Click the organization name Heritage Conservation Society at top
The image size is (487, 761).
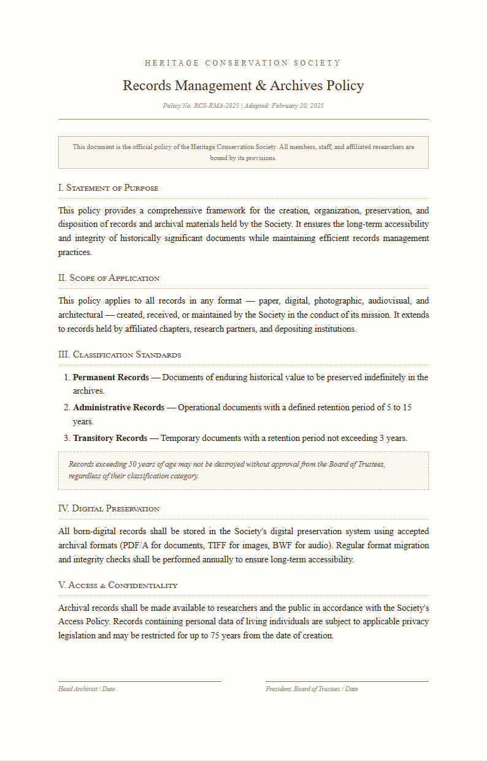point(243,63)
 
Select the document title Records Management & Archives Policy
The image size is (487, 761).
point(243,85)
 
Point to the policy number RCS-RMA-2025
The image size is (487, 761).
point(217,106)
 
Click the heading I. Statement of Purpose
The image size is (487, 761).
point(108,188)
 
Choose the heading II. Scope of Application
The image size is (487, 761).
point(109,278)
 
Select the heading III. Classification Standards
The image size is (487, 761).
point(119,354)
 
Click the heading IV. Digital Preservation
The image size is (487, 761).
point(109,508)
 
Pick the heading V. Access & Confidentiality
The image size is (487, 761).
point(118,585)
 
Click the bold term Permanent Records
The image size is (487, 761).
point(110,377)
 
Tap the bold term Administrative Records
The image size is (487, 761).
point(118,407)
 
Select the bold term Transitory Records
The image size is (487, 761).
point(110,438)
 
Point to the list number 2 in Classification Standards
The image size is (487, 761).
point(66,407)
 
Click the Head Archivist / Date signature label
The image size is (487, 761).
point(86,689)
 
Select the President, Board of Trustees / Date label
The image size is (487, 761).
point(312,689)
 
